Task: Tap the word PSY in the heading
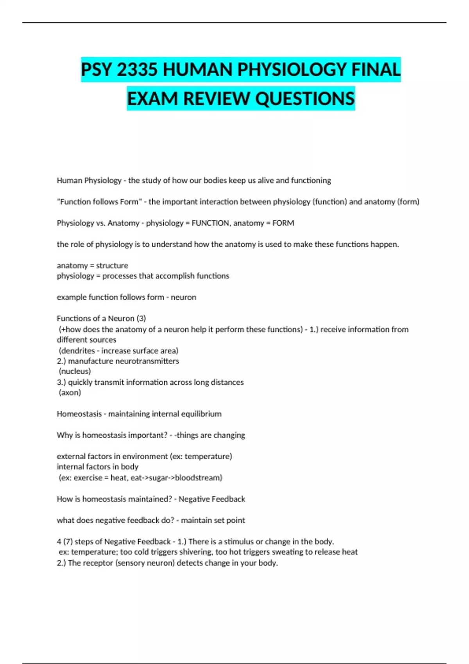click(x=97, y=70)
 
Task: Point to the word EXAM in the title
click(x=153, y=98)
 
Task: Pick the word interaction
click(x=219, y=202)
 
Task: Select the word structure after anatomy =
click(x=112, y=266)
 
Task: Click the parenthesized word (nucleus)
click(x=75, y=371)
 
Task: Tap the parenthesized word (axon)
click(x=70, y=393)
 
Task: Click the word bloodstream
click(x=198, y=478)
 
